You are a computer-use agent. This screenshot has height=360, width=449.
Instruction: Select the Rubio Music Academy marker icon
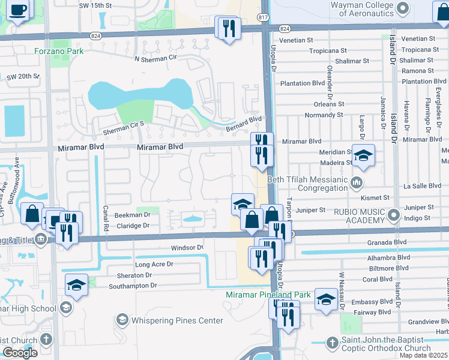click(x=394, y=214)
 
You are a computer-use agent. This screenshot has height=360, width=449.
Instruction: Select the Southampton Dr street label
click(x=133, y=286)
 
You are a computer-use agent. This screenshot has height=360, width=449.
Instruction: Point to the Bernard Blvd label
click(x=244, y=123)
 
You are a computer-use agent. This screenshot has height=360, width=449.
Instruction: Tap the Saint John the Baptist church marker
click(x=333, y=343)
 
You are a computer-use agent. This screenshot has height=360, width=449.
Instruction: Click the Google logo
click(x=20, y=353)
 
